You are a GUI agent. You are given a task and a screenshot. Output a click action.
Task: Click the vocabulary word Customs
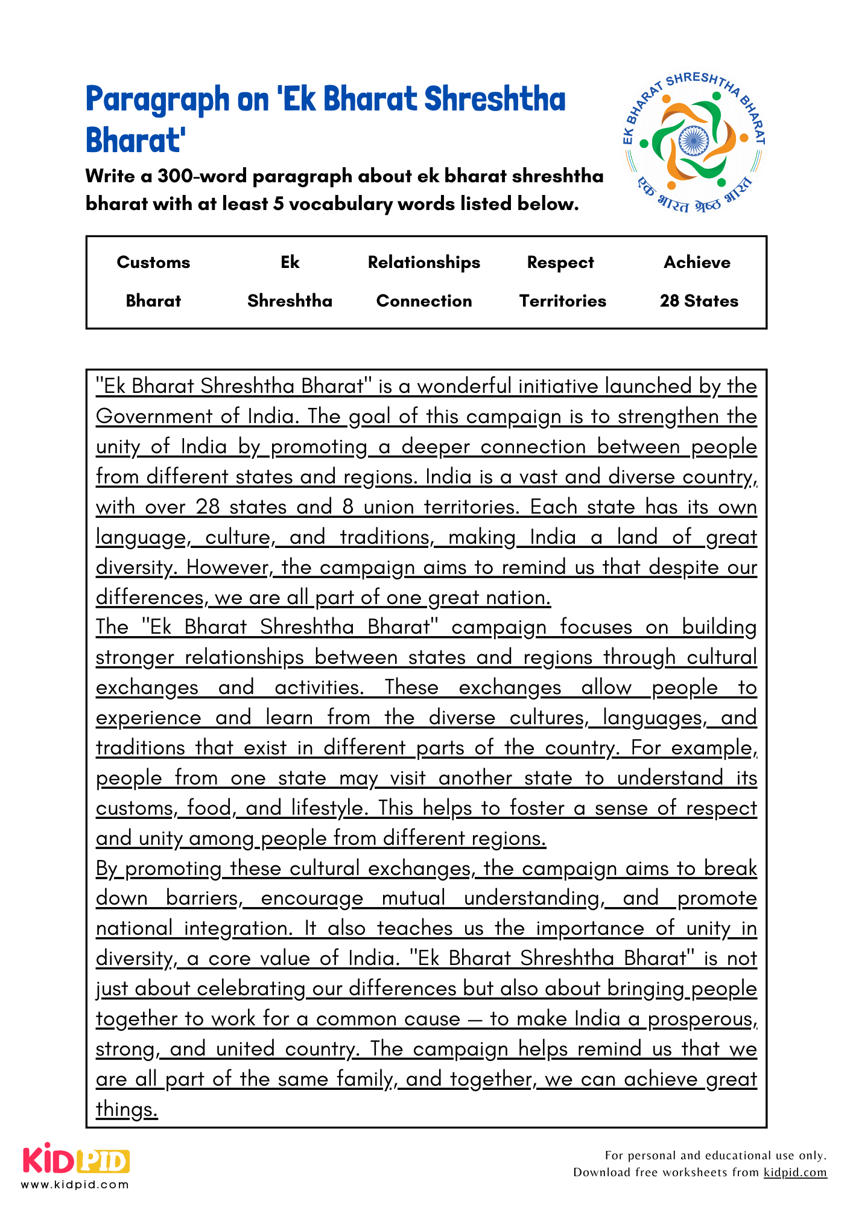click(153, 263)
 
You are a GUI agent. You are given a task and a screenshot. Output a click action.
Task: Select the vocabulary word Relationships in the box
click(424, 263)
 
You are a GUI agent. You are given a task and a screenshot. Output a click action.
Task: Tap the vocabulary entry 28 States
click(699, 301)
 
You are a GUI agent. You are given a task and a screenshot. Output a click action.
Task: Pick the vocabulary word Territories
click(562, 301)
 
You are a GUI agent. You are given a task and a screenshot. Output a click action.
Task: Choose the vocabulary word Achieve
click(697, 263)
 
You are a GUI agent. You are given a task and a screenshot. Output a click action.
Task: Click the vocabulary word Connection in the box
click(424, 301)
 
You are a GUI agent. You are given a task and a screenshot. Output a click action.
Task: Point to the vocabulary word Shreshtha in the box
click(290, 301)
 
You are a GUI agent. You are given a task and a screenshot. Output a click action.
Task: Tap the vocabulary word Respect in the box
click(560, 263)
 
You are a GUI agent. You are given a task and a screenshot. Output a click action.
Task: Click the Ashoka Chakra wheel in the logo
click(693, 141)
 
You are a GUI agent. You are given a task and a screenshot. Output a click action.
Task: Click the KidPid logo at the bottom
click(76, 1160)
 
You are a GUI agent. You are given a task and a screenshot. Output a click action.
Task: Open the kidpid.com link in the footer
click(795, 1173)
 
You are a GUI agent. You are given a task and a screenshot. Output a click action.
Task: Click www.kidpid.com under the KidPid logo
click(75, 1185)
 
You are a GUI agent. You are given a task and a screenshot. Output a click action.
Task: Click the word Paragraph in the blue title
click(157, 100)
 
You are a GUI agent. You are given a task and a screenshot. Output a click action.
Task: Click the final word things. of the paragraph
click(127, 1110)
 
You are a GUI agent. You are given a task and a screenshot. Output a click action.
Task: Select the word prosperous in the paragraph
click(702, 1019)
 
